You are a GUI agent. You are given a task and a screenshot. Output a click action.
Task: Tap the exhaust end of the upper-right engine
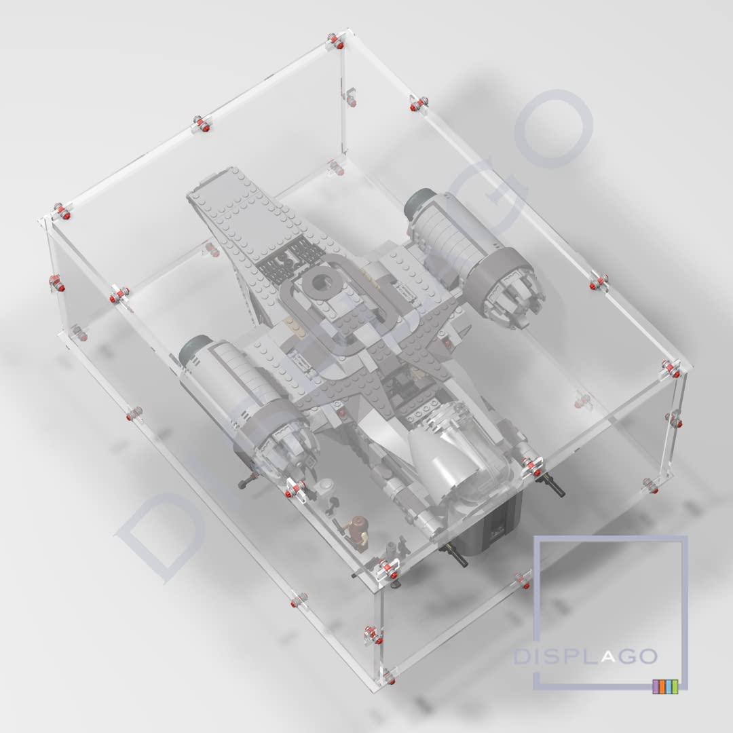(x=512, y=292)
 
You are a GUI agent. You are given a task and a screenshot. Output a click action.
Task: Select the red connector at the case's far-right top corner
(x=671, y=369)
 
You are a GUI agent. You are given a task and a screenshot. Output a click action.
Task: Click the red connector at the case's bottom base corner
(x=389, y=677)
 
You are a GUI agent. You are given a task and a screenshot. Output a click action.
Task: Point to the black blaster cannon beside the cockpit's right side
(x=557, y=487)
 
